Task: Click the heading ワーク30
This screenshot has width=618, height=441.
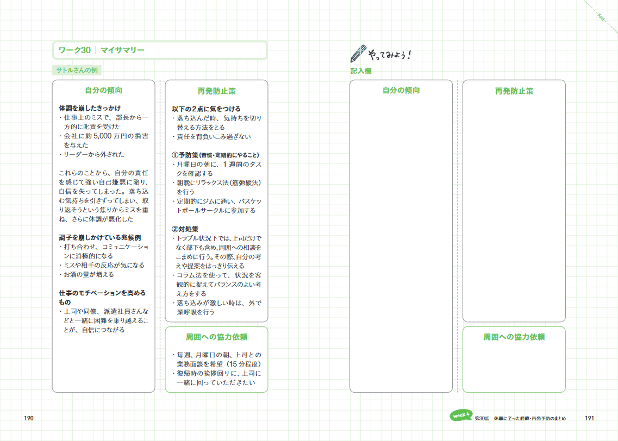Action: [74, 50]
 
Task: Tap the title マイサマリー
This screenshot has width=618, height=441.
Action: [123, 50]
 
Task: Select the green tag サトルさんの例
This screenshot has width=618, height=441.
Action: [77, 70]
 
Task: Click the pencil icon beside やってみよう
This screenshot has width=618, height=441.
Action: [358, 53]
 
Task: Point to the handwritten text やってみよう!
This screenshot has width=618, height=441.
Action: [389, 54]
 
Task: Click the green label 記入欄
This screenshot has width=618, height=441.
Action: [361, 71]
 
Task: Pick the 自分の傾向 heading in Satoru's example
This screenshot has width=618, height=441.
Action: [104, 90]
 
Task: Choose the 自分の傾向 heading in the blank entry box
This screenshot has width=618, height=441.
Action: [401, 90]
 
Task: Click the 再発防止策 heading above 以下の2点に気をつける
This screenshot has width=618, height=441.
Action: [216, 91]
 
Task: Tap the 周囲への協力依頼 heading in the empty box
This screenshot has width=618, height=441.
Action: [514, 337]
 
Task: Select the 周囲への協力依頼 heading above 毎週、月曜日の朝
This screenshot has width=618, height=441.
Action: [216, 337]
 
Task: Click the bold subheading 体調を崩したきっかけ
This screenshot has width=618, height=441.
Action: [90, 108]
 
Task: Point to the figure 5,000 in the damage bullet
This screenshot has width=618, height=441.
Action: [103, 136]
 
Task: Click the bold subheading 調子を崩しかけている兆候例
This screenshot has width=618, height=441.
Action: [100, 237]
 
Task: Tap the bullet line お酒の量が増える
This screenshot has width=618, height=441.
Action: [87, 274]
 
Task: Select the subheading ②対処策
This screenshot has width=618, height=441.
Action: [185, 229]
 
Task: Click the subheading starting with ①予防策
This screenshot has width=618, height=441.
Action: [215, 155]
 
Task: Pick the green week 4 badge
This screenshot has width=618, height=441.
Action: [461, 415]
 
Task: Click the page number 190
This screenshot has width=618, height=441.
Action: [29, 418]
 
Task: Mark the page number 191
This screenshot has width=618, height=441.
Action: [589, 418]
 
